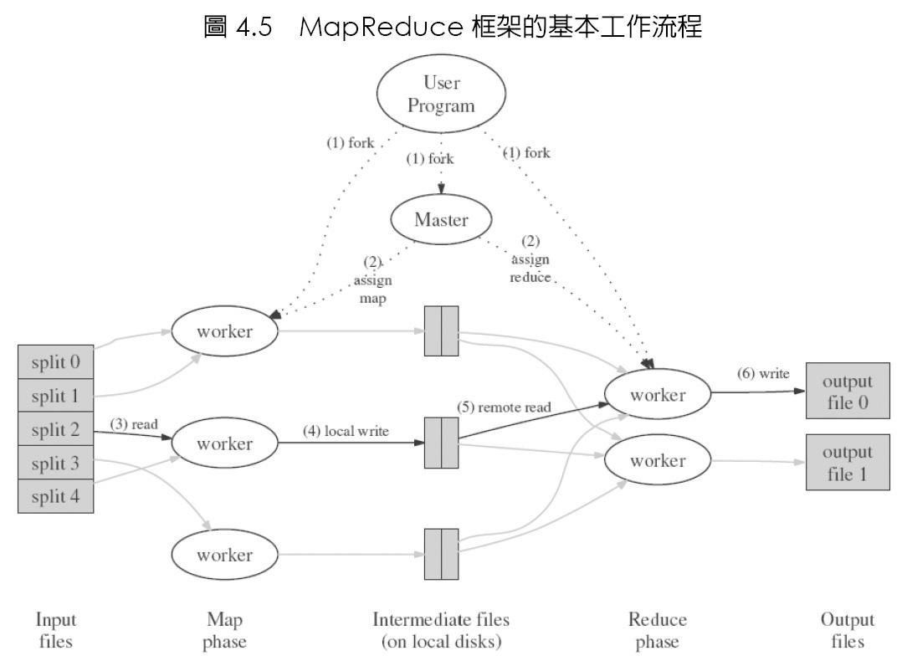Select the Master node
pos(440,219)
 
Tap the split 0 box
pos(55,363)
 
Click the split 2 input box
pos(55,429)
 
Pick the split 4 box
pos(55,495)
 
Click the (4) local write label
pos(346,432)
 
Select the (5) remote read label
pos(504,407)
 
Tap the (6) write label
pos(762,374)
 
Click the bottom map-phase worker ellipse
pos(223,554)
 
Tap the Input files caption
pos(55,630)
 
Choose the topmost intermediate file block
pos(442,331)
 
